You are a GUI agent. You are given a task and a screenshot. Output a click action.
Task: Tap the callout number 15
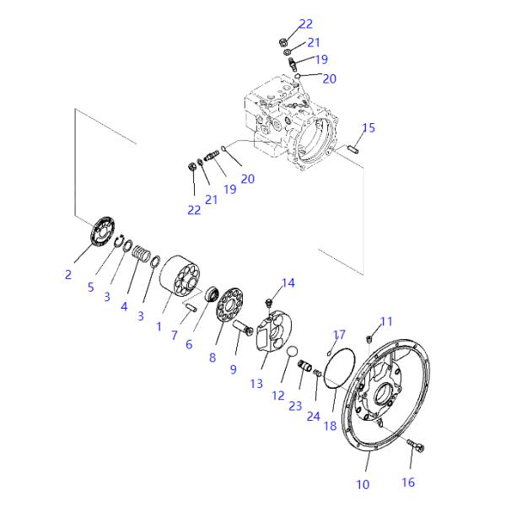(368, 128)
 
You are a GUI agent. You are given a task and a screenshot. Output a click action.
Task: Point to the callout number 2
(68, 273)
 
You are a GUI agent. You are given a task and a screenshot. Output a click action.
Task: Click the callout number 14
(288, 283)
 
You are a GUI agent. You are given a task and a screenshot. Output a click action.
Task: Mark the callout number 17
(339, 335)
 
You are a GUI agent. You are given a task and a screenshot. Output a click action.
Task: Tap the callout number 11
(386, 321)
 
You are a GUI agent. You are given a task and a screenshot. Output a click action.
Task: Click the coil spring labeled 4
(143, 252)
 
